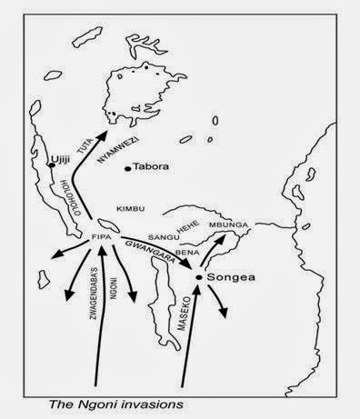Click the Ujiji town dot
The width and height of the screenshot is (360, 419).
[x=51, y=165]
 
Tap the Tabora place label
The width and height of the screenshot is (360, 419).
[x=153, y=168]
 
